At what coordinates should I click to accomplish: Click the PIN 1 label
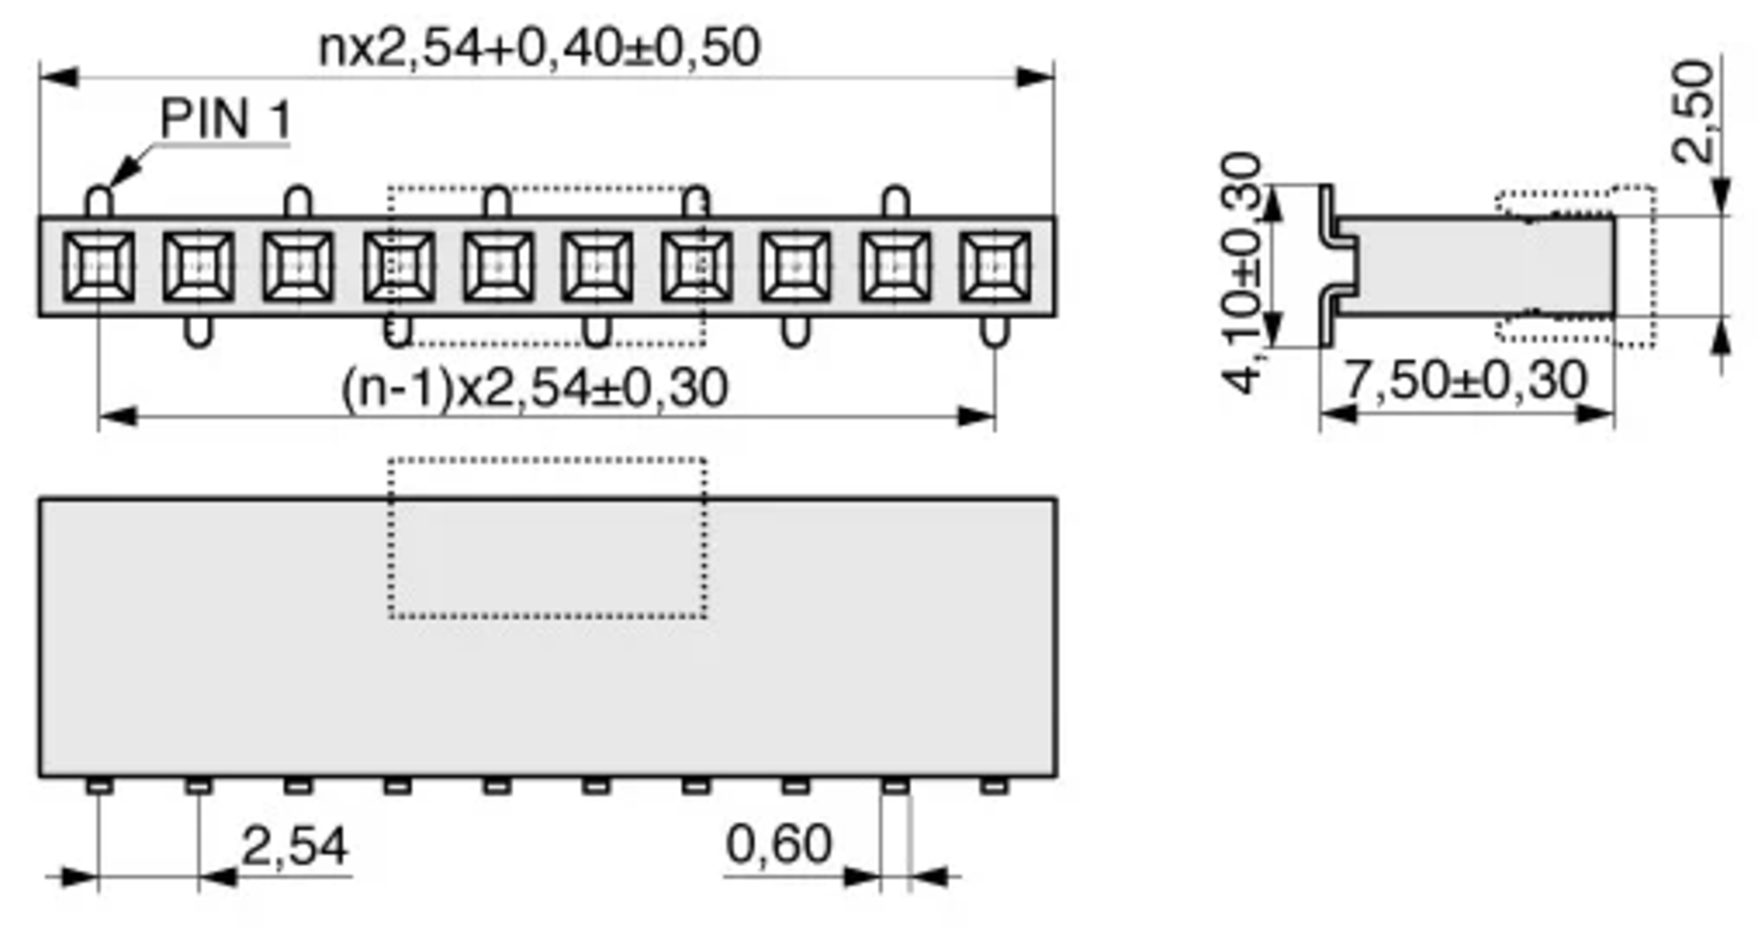click(226, 119)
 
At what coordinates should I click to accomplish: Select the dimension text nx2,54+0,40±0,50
click(540, 48)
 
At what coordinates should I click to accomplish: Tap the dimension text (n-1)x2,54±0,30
click(535, 388)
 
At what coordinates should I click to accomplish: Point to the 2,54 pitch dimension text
click(294, 846)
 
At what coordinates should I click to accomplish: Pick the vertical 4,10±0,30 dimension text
click(1242, 272)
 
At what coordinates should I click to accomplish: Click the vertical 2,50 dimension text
click(1694, 111)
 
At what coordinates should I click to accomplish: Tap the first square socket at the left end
click(99, 267)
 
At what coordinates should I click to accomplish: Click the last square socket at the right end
click(995, 267)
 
